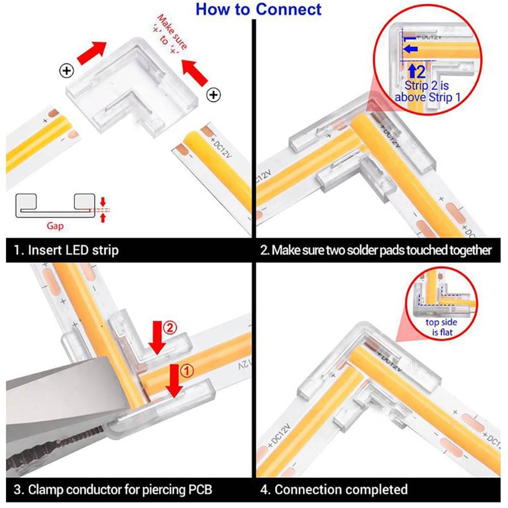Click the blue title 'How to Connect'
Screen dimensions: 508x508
258,9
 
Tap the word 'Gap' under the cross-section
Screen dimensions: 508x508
55,226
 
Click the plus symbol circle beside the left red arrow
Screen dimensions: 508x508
67,71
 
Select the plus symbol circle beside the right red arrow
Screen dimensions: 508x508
214,95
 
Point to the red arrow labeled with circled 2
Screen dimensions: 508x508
158,338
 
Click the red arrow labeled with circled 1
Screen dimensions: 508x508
174,381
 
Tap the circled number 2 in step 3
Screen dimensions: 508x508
170,328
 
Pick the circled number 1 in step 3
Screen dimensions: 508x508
187,371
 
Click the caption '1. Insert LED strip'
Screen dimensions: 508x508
67,250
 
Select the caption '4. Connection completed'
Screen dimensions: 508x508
334,489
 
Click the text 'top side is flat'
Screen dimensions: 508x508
441,327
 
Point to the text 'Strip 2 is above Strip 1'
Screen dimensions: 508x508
427,91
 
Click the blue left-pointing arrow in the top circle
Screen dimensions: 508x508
411,49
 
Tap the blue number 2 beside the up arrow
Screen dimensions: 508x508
421,71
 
